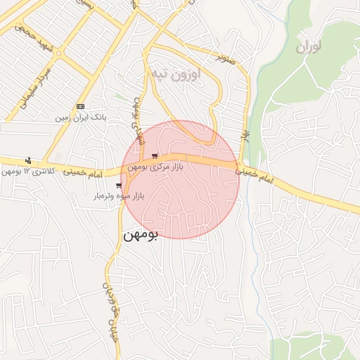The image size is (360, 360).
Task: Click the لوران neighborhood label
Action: coord(308,48)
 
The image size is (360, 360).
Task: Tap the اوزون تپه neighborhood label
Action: coord(175,72)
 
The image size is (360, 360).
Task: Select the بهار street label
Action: coord(245,131)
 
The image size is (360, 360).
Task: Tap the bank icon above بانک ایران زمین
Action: coord(80,105)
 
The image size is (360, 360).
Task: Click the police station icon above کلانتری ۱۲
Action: coord(28,160)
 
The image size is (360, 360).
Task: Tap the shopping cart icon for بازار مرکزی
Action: coord(155,156)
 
